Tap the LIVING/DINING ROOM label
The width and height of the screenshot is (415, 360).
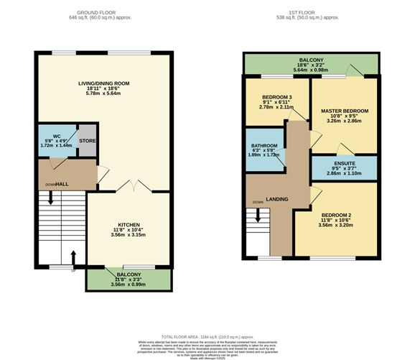point(104,83)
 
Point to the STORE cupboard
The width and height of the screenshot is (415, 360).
point(87,142)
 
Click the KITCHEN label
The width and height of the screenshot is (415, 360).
point(129,224)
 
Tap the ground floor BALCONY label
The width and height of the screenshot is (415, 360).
point(129,274)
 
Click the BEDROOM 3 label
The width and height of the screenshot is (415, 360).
point(276,97)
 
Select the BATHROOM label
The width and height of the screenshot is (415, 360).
point(265,145)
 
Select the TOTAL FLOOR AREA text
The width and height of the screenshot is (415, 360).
point(207,336)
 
